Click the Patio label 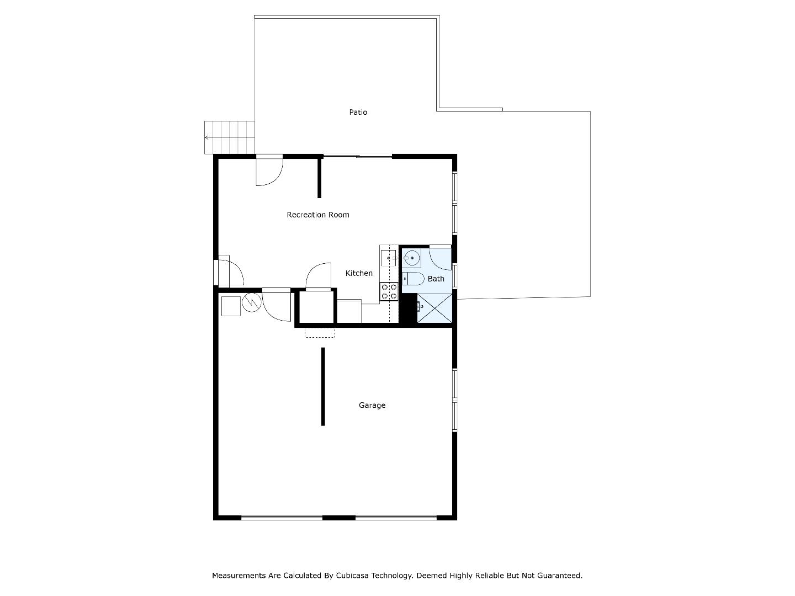(x=358, y=112)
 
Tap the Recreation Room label (x=317, y=215)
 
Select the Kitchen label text (x=358, y=273)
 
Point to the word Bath (x=436, y=279)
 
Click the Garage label (x=372, y=405)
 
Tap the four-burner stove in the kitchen (x=389, y=292)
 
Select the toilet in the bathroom (x=414, y=279)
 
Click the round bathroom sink (x=412, y=258)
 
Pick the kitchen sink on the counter (x=388, y=258)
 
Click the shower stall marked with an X (x=434, y=308)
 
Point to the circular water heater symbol (x=251, y=302)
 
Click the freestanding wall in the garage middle (x=323, y=386)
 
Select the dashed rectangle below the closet (x=320, y=333)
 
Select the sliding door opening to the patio (x=358, y=156)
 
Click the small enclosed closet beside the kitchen (x=316, y=307)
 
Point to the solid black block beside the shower (x=408, y=308)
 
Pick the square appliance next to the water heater (x=231, y=306)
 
